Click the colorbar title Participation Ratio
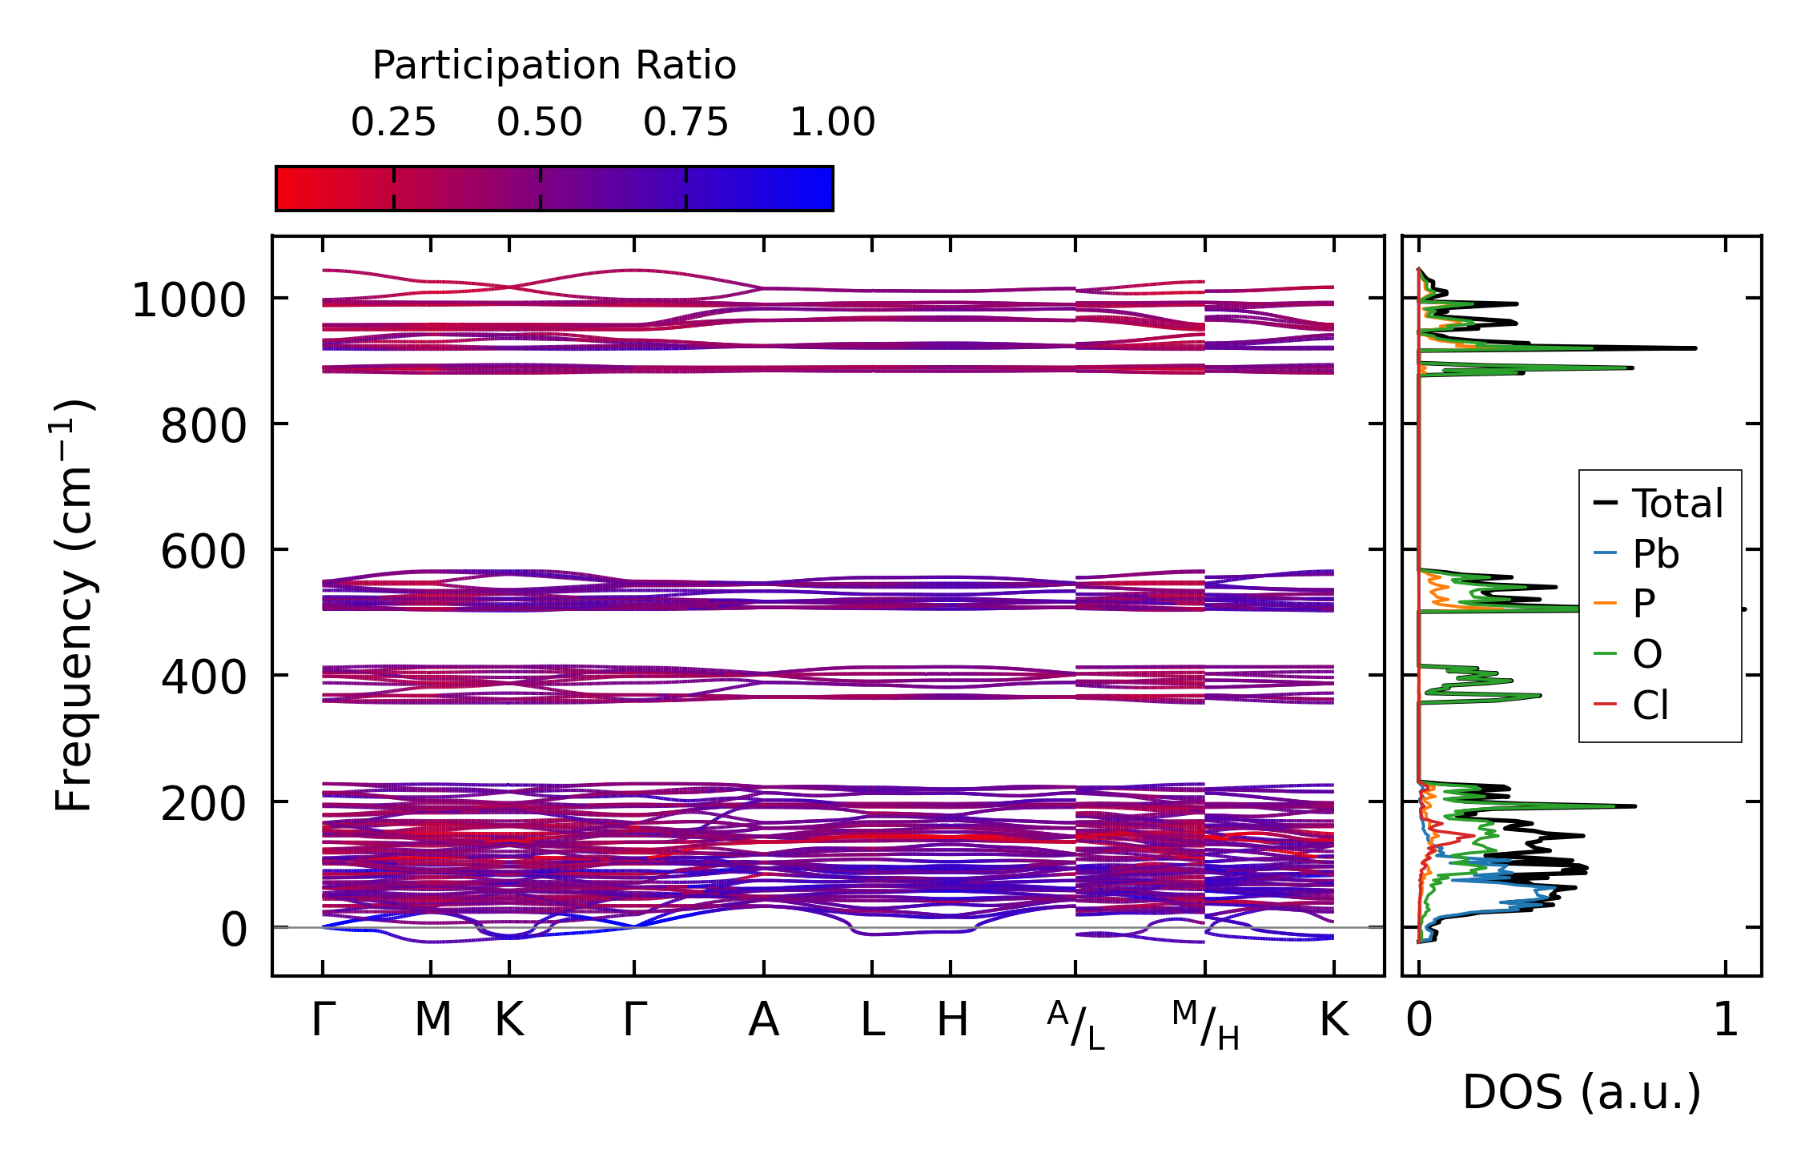[554, 66]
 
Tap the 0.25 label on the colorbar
[393, 123]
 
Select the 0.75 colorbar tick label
[685, 123]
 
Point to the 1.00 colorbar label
[832, 123]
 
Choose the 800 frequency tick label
[203, 427]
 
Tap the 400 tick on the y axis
[203, 679]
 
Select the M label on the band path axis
[432, 1020]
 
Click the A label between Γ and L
[764, 1020]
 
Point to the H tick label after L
[952, 1020]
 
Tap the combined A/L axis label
[1075, 1026]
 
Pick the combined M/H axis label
[1205, 1026]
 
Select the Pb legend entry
[1655, 554]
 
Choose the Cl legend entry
[1650, 705]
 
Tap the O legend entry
[1647, 654]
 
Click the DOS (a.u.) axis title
[1582, 1092]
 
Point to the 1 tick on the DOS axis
[1726, 1020]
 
